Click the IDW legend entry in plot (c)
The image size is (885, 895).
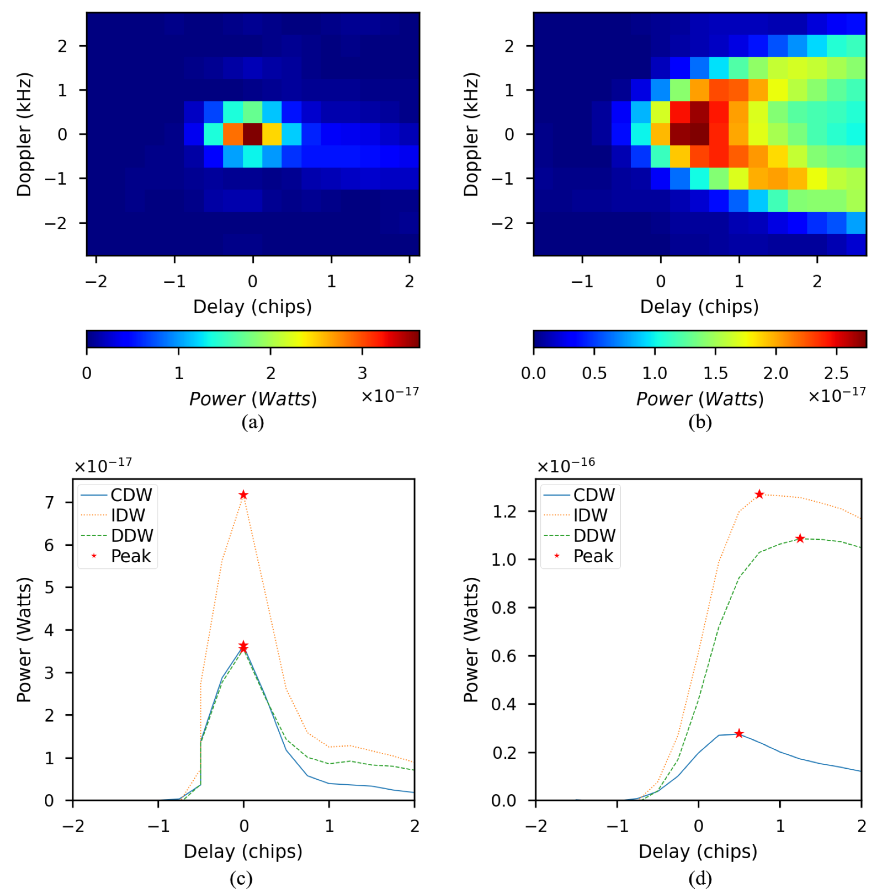click(x=128, y=515)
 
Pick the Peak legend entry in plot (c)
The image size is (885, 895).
click(x=130, y=556)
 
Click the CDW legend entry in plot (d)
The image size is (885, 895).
click(x=594, y=495)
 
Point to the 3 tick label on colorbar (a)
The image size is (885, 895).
click(x=362, y=373)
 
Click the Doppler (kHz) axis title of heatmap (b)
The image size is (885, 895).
click(x=471, y=134)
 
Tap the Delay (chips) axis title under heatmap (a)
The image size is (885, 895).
click(x=252, y=307)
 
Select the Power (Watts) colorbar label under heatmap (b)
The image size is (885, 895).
click(x=699, y=399)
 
